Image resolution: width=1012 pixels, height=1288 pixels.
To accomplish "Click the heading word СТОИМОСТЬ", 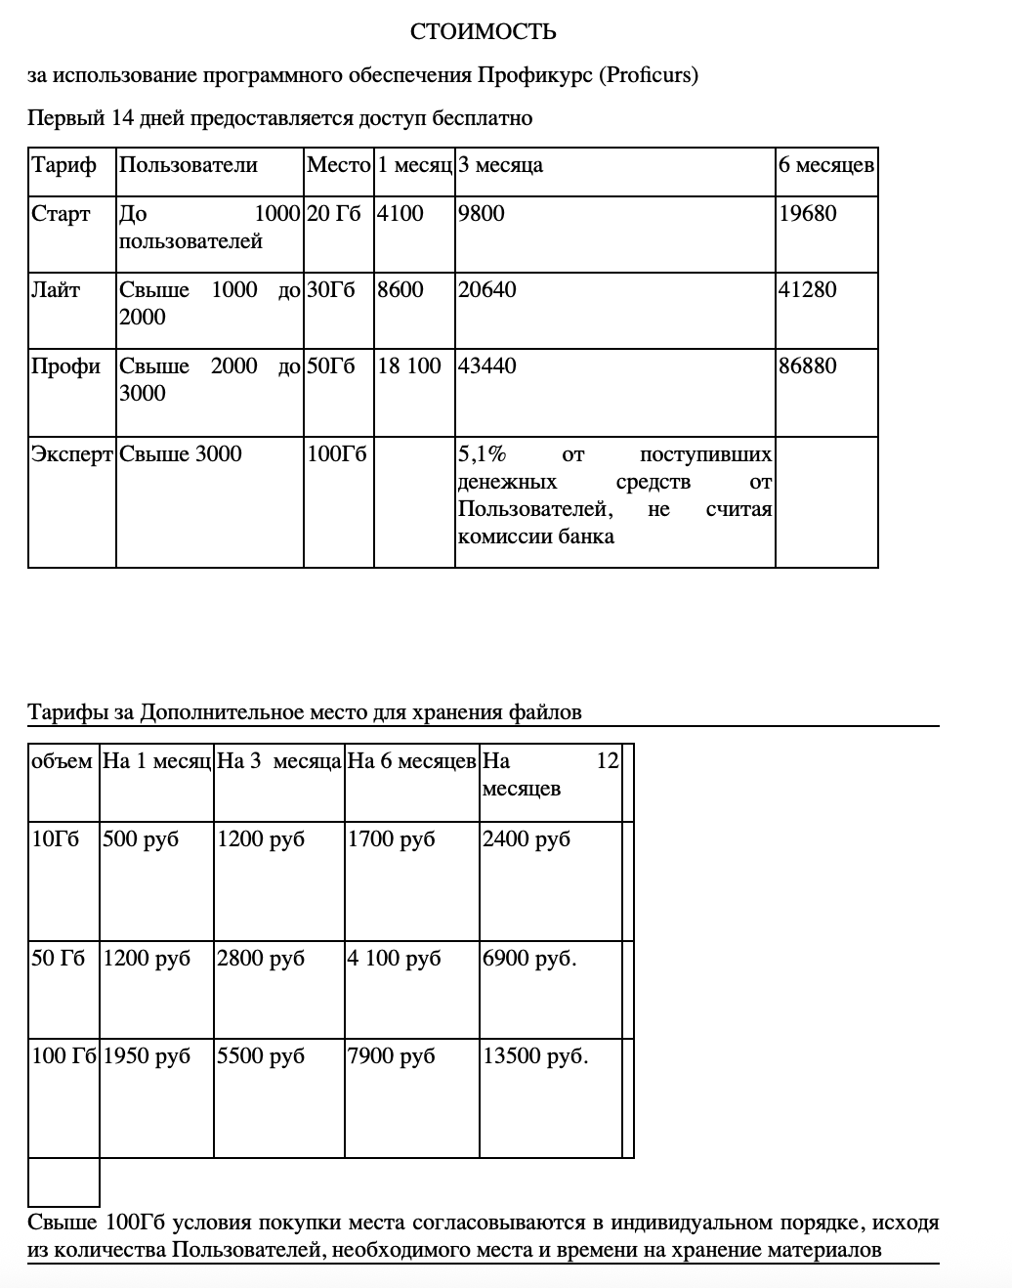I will [x=483, y=32].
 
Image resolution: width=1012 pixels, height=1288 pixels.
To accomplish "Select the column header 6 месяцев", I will [x=825, y=165].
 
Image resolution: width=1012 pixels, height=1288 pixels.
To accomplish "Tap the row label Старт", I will [x=61, y=214].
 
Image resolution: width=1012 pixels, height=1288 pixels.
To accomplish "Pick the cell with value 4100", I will [x=401, y=214].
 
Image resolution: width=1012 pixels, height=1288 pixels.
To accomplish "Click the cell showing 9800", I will [x=481, y=214].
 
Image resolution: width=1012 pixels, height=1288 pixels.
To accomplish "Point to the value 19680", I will [x=807, y=214].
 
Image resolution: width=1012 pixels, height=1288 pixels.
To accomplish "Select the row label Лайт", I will [x=56, y=290].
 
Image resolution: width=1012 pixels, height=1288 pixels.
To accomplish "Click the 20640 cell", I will [x=486, y=290].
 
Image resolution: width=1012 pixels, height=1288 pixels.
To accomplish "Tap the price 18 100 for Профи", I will [x=409, y=366].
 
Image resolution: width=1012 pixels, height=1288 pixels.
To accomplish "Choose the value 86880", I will [x=807, y=366].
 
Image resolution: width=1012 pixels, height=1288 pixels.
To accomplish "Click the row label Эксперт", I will [x=72, y=454].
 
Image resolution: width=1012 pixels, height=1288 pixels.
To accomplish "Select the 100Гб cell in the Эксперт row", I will [x=336, y=454].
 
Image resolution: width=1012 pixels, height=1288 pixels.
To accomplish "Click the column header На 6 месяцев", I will [x=411, y=761].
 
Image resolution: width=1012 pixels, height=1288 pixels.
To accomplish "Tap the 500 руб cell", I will [x=141, y=839].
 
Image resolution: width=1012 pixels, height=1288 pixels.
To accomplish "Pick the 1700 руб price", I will [x=391, y=839].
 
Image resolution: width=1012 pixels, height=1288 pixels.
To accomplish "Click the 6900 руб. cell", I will [x=529, y=959].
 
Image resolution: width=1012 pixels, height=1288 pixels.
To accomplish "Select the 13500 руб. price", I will [x=535, y=1056].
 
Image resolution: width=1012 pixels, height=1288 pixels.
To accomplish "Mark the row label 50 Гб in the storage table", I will [x=59, y=959].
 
